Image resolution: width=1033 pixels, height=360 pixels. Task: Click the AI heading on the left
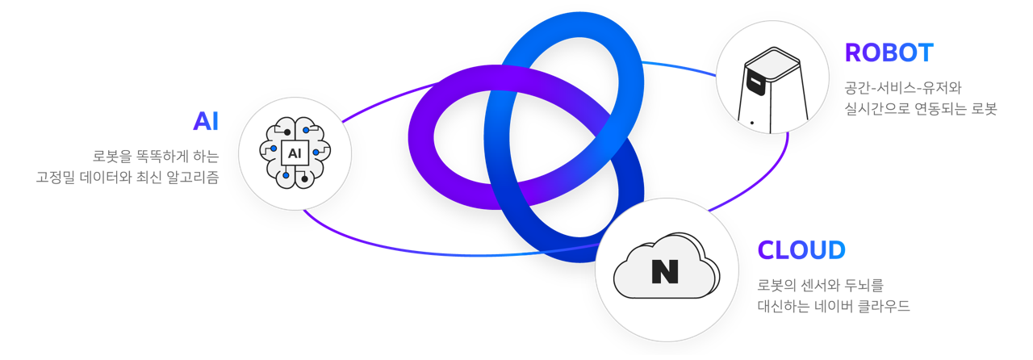point(206,122)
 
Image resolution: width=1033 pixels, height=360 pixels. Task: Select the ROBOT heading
point(889,53)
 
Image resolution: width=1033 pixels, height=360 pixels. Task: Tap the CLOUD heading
point(801,250)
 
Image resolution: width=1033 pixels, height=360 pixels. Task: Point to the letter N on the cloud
point(664,271)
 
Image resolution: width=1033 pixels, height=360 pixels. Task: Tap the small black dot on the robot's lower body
point(752,123)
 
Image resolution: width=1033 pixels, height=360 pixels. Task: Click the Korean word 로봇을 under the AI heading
point(111,155)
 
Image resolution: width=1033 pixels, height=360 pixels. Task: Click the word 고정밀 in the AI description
point(53,176)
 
